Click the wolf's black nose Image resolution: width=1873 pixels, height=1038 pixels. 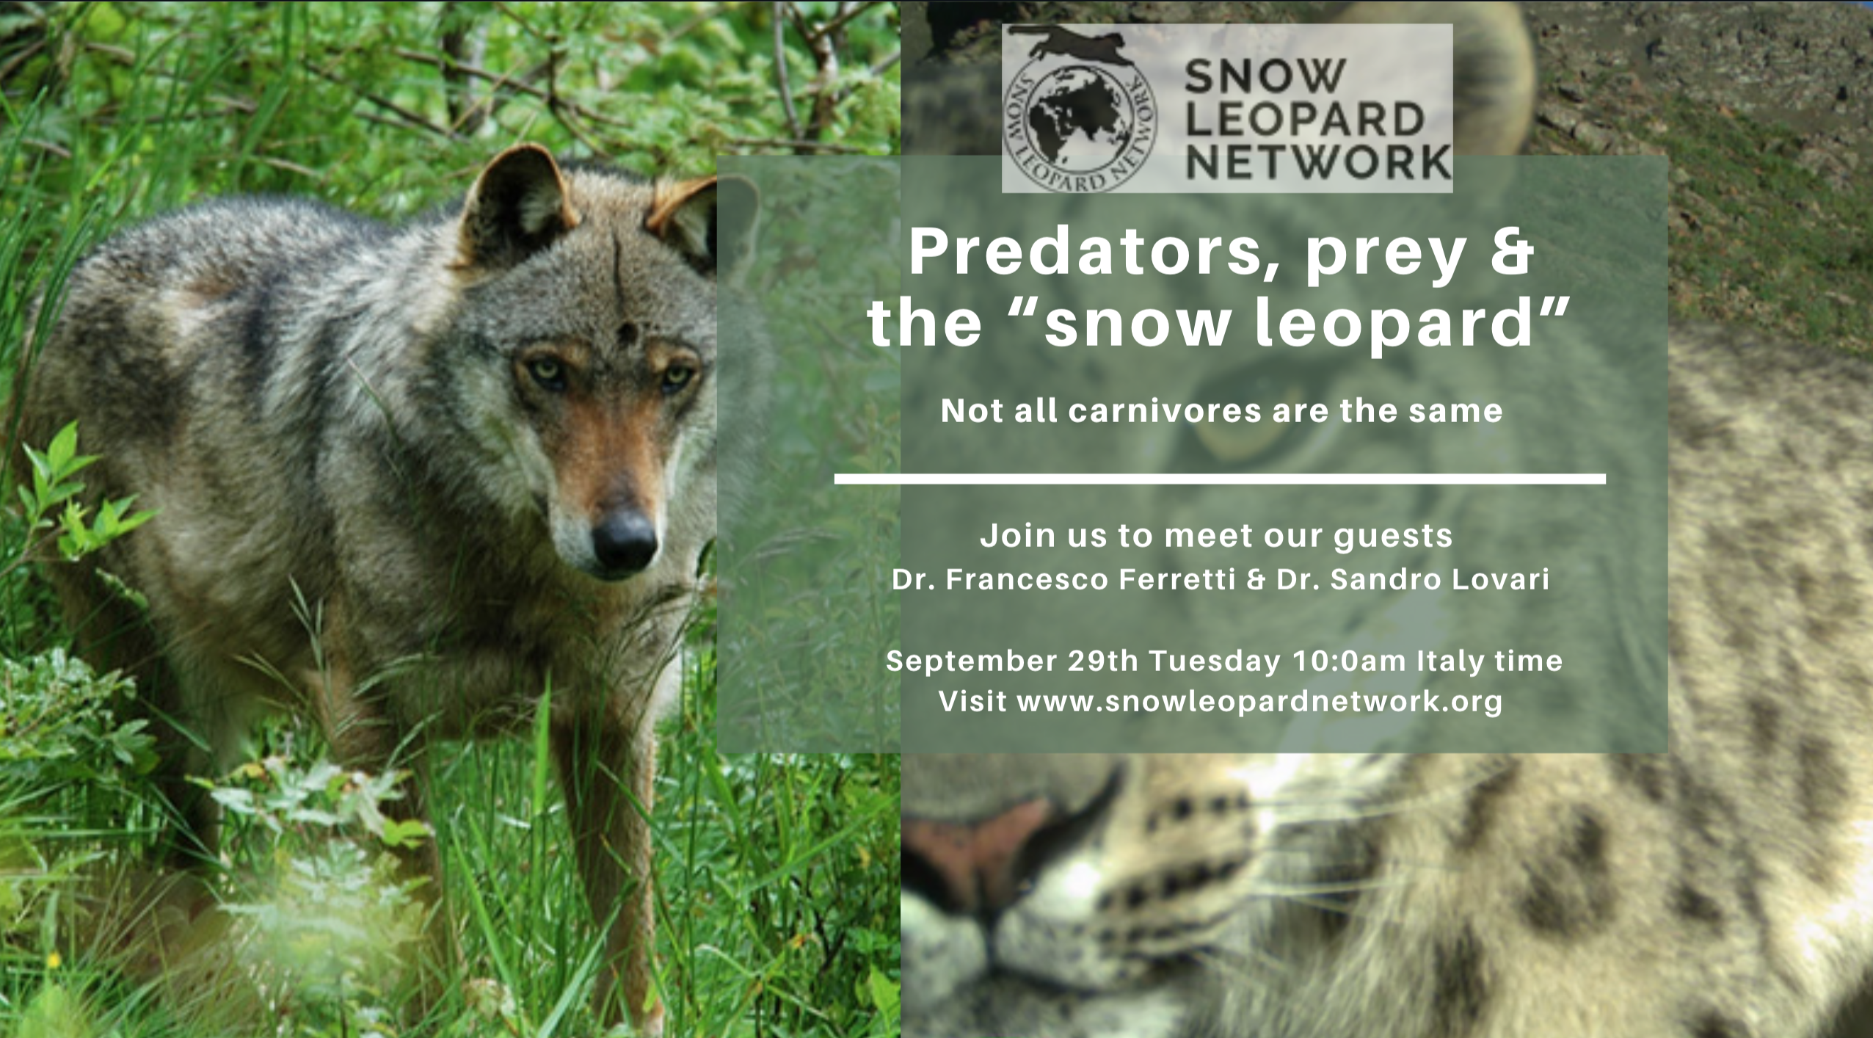(x=624, y=542)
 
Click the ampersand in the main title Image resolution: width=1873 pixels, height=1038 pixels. (x=1509, y=251)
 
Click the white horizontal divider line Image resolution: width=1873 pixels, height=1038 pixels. (x=1220, y=479)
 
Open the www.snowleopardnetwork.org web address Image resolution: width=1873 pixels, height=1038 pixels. (x=1259, y=702)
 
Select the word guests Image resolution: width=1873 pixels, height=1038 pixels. (x=1393, y=537)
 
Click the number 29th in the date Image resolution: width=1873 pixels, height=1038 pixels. (x=1102, y=661)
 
